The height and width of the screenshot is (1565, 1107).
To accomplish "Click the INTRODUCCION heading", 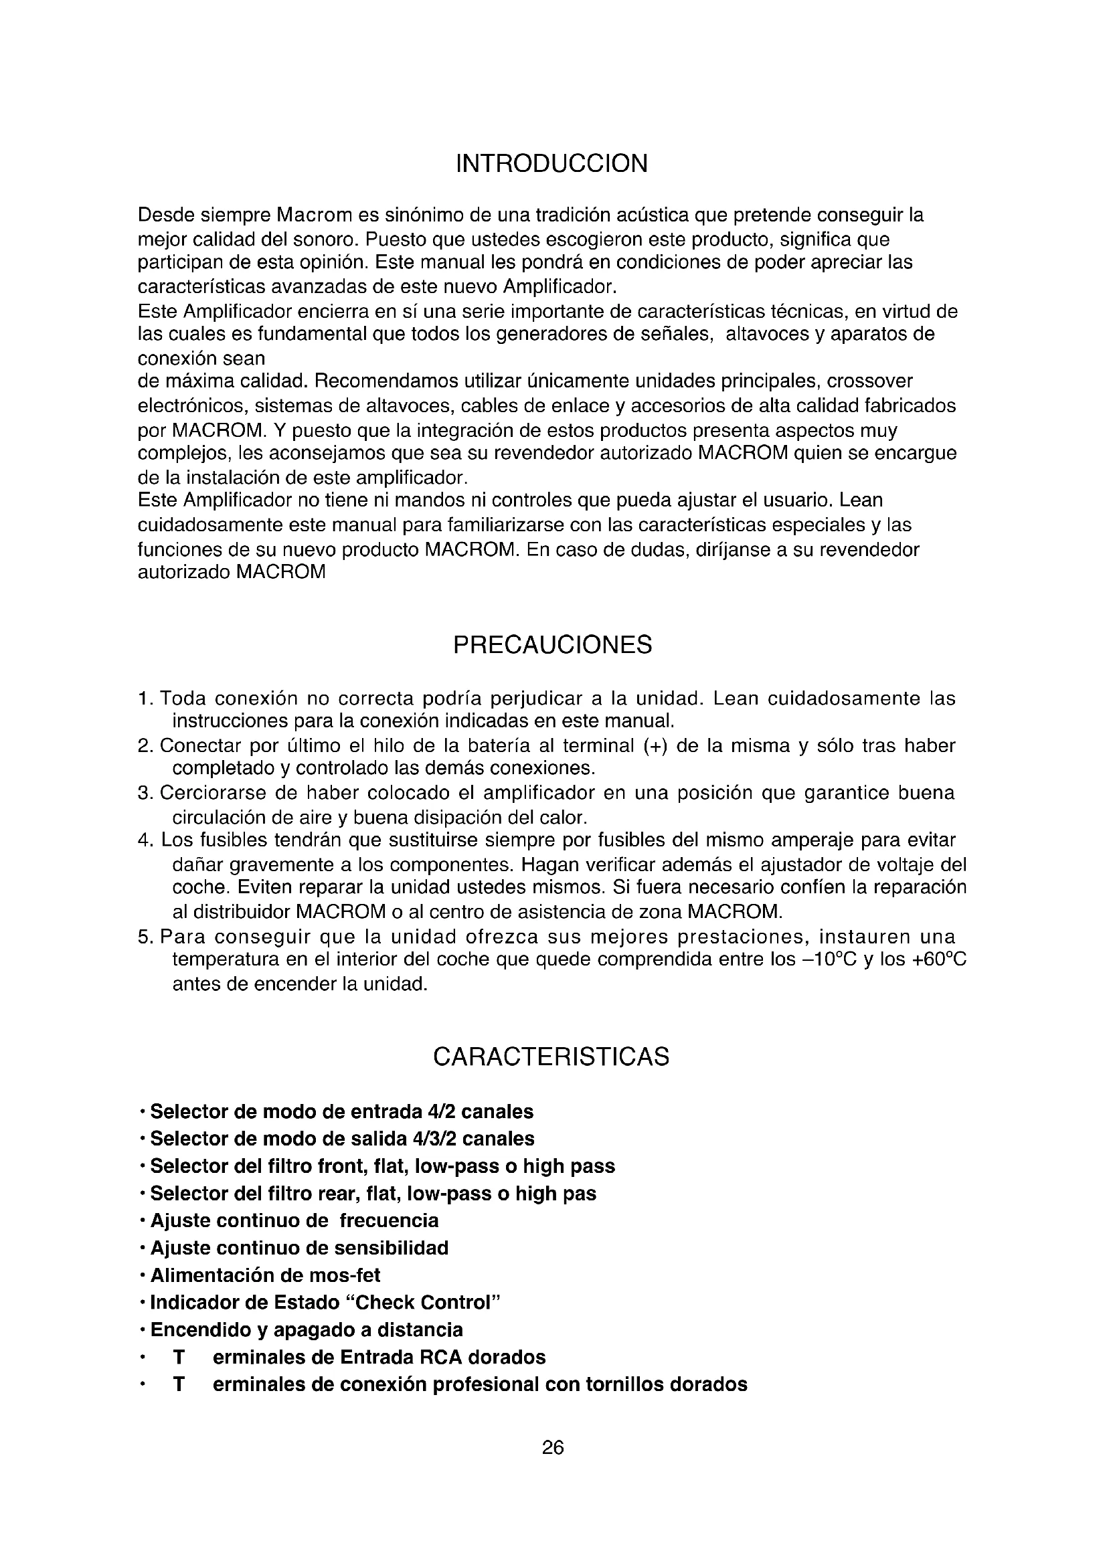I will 551,165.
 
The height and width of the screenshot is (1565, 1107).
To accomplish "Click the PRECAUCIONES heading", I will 552,645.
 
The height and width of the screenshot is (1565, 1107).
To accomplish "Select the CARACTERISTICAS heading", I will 551,1057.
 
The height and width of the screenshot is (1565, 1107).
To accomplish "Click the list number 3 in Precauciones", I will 143,794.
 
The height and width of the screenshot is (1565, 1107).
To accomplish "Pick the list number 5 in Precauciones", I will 143,937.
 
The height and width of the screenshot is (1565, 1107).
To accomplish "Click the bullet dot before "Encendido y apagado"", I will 141,1331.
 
